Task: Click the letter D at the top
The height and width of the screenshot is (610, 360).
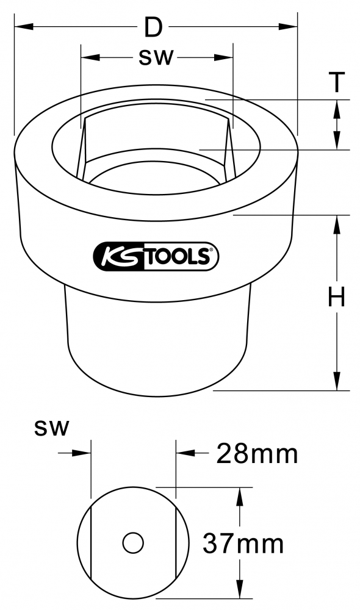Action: (x=153, y=27)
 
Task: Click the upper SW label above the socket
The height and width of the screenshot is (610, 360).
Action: (x=156, y=58)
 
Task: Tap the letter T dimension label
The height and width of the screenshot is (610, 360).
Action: (x=337, y=82)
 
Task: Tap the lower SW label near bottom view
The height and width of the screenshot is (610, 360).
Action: (x=51, y=429)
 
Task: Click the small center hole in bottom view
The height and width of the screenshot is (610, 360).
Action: (x=133, y=543)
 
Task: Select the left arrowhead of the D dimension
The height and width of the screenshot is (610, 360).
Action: (x=23, y=26)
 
